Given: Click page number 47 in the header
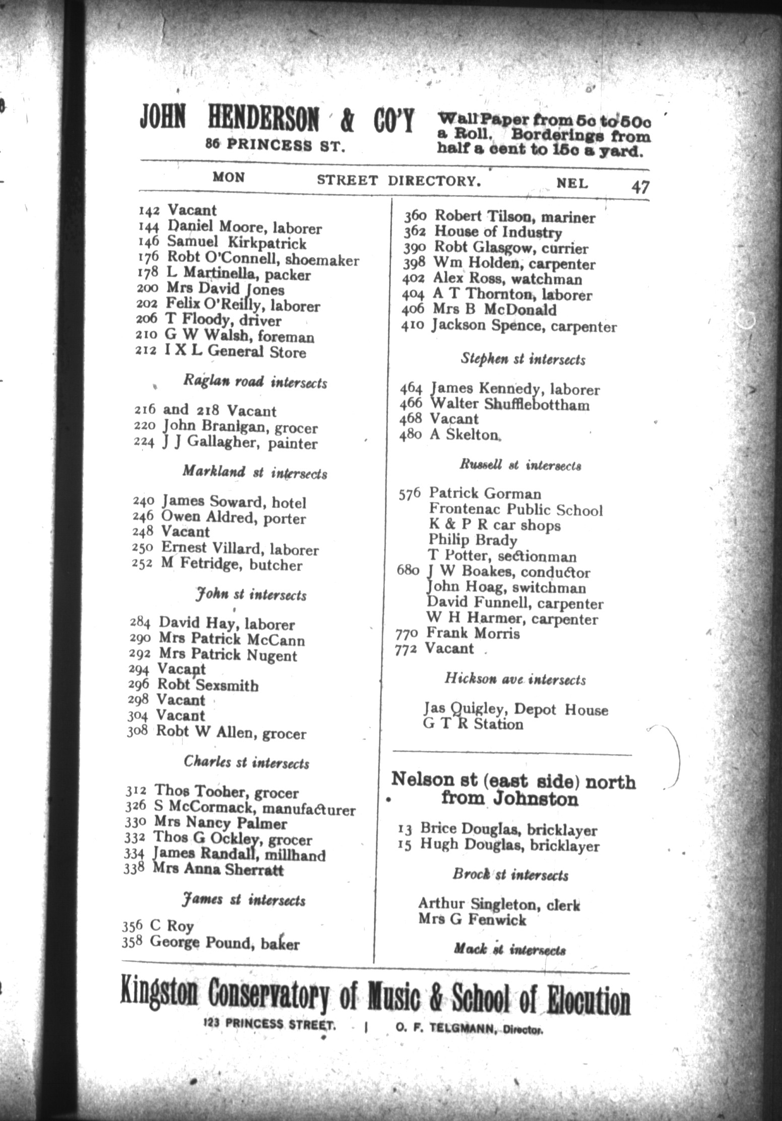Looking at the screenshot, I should (x=640, y=187).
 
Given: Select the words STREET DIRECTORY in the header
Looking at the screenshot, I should (x=397, y=180).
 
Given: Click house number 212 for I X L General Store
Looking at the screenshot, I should (x=146, y=352).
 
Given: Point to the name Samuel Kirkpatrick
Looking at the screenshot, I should (x=236, y=243).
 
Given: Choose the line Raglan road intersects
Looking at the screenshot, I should (x=255, y=383).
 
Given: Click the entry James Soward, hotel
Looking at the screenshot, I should (x=234, y=502).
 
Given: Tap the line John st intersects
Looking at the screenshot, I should (x=251, y=595).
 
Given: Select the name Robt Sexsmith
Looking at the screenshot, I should (x=208, y=686).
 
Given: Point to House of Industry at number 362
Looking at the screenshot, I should (x=498, y=232).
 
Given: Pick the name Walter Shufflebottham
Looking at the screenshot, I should (x=509, y=405).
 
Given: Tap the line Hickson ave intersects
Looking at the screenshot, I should (x=515, y=679).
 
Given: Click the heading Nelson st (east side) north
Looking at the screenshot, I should (x=513, y=782).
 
